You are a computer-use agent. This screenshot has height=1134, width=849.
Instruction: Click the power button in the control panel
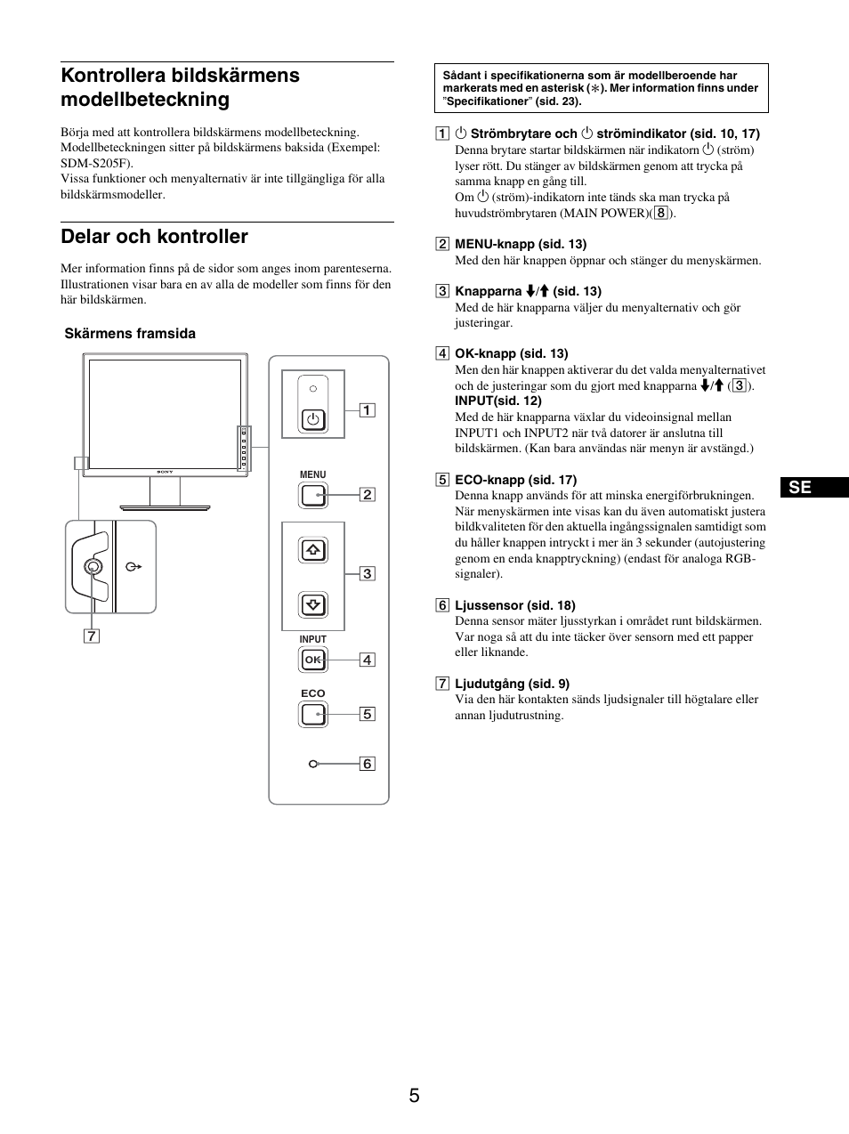coord(312,418)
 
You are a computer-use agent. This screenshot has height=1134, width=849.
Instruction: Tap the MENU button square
coord(313,494)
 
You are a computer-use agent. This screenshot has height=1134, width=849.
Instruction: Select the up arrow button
coord(313,550)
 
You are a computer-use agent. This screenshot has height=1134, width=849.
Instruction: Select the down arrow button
coord(313,605)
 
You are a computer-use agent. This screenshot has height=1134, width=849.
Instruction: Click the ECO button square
coord(313,714)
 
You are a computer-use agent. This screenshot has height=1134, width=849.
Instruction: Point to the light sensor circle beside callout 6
coord(313,764)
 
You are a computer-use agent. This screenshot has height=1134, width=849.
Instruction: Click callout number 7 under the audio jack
coord(93,636)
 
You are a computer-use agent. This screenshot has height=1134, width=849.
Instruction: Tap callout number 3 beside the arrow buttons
coord(367,574)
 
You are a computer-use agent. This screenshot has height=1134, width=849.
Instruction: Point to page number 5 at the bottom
coord(415,1096)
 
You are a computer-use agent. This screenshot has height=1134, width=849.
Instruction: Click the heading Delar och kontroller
coord(154,237)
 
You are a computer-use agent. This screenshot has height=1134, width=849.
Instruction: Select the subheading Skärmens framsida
coord(130,334)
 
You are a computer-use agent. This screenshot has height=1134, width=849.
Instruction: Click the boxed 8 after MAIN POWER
coord(660,213)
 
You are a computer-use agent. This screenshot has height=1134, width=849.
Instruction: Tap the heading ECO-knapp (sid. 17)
coord(515,480)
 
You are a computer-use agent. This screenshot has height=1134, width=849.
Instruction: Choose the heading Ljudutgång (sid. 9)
coord(512,684)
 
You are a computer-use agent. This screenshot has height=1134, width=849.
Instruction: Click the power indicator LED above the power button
coord(312,389)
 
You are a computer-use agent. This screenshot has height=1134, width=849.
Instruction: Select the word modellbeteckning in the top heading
coord(144,100)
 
